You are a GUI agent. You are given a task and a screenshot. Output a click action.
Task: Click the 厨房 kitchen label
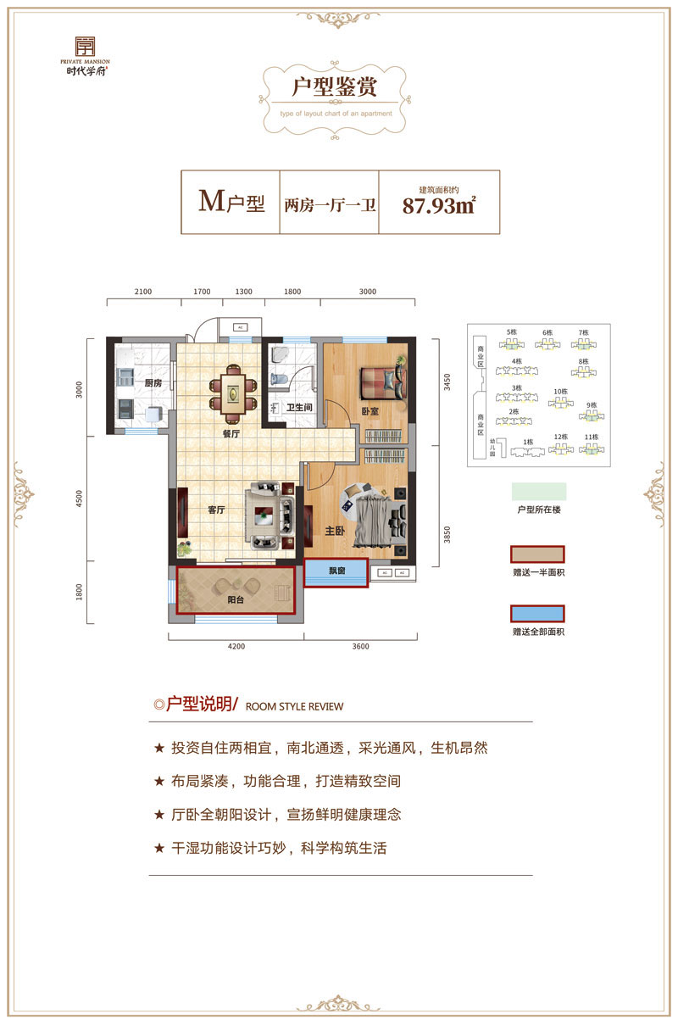click(x=153, y=383)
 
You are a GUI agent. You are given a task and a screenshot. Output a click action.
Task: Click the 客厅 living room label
click(x=216, y=510)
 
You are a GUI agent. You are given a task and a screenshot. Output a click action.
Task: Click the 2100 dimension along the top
click(x=142, y=292)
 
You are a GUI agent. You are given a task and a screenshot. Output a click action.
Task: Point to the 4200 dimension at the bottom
click(x=236, y=646)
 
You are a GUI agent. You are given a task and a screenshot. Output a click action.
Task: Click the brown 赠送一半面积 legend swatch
click(x=537, y=555)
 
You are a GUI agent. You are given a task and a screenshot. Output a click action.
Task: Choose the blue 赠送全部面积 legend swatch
click(x=537, y=614)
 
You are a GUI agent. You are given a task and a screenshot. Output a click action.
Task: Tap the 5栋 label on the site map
click(x=511, y=331)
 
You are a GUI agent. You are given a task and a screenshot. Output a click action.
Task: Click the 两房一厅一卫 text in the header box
click(x=331, y=205)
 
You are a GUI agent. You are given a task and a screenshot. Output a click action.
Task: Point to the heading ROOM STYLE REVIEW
click(x=294, y=705)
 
